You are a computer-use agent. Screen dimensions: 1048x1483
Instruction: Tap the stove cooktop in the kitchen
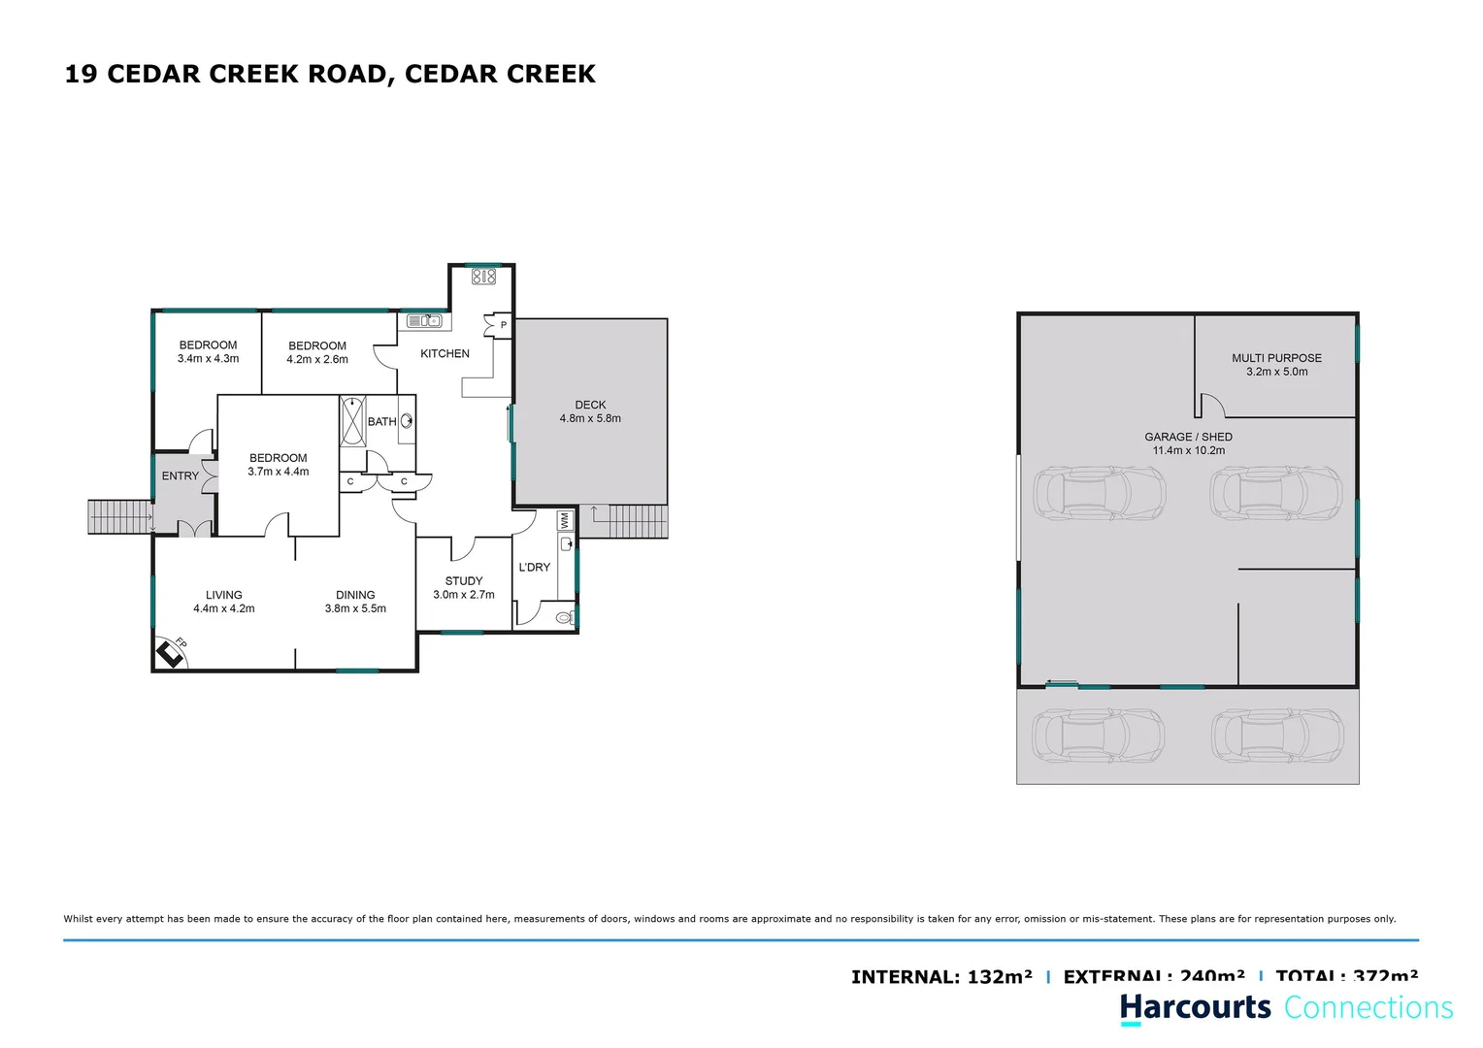click(x=483, y=277)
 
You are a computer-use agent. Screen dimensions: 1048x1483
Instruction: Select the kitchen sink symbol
click(x=424, y=321)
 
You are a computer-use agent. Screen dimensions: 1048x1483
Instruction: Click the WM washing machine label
click(x=565, y=521)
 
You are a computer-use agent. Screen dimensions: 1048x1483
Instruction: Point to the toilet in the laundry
click(x=564, y=617)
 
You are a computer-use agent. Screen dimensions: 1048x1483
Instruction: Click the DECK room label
click(x=590, y=405)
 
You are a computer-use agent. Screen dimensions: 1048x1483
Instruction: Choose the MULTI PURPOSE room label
click(x=1276, y=358)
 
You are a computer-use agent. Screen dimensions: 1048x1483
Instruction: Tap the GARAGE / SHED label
click(x=1188, y=437)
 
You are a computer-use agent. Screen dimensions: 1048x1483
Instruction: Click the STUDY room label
click(x=464, y=581)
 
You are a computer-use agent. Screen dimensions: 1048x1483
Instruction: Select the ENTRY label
click(x=180, y=476)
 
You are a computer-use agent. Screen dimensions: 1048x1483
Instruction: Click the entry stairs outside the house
click(x=119, y=516)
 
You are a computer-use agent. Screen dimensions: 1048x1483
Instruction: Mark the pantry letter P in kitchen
click(x=503, y=325)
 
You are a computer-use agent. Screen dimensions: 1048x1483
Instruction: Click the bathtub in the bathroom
click(x=352, y=420)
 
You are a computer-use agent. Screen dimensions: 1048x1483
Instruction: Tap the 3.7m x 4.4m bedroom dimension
click(x=278, y=472)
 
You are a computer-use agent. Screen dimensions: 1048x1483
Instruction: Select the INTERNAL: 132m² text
click(x=941, y=976)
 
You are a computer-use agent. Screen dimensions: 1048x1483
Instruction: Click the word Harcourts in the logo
click(x=1195, y=1007)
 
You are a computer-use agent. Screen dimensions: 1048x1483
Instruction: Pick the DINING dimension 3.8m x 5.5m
click(x=355, y=608)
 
